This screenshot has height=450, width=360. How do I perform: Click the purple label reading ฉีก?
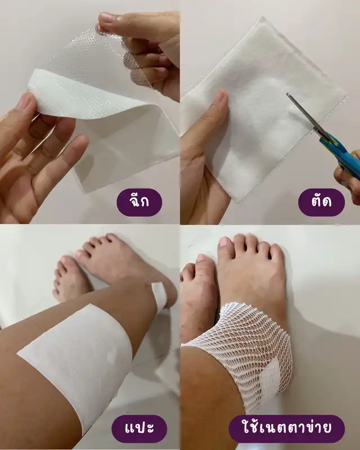pyautogui.click(x=139, y=202)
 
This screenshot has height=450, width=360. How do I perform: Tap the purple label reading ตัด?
pyautogui.click(x=321, y=202)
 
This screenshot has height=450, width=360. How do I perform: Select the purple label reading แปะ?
pyautogui.click(x=139, y=429)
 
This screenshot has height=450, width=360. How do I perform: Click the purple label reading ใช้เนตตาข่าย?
pyautogui.click(x=286, y=429)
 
